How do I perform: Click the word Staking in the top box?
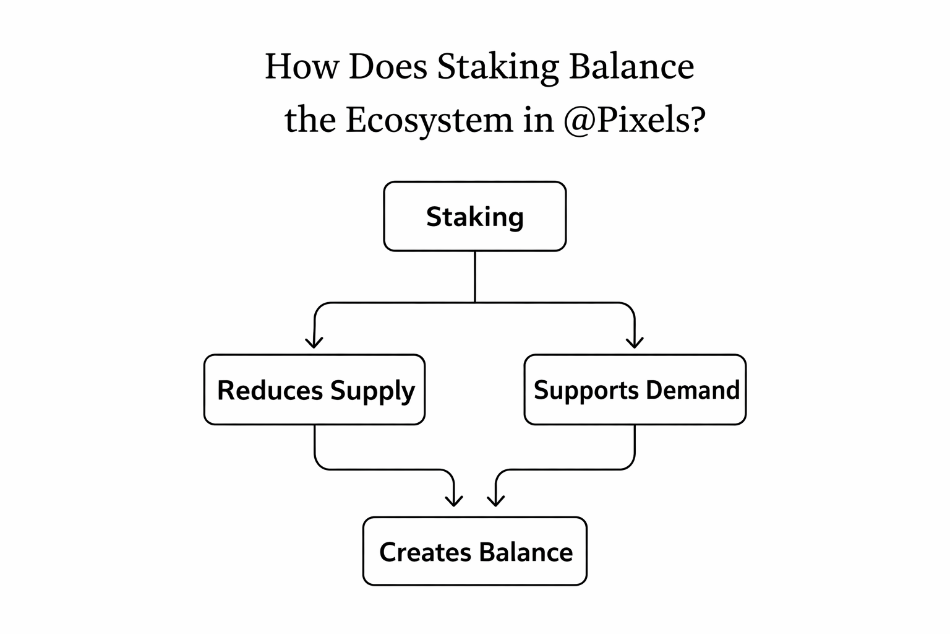pyautogui.click(x=474, y=217)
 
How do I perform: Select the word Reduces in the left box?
pyautogui.click(x=270, y=391)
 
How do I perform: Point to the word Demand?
pyautogui.click(x=693, y=390)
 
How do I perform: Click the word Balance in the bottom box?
pyautogui.click(x=526, y=552)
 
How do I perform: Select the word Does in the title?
pyautogui.click(x=388, y=66)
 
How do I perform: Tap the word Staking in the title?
pyautogui.click(x=497, y=67)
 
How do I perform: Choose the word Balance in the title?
pyautogui.click(x=631, y=66)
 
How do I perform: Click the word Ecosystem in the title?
pyautogui.click(x=429, y=120)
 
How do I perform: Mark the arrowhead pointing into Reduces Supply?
pyautogui.click(x=314, y=342)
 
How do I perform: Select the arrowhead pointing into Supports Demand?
pyautogui.click(x=635, y=342)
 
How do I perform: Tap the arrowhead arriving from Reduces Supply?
pyautogui.click(x=455, y=500)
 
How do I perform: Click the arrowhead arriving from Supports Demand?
pyautogui.click(x=495, y=500)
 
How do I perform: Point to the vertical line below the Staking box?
pyautogui.click(x=474, y=276)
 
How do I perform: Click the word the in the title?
pyautogui.click(x=310, y=120)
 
